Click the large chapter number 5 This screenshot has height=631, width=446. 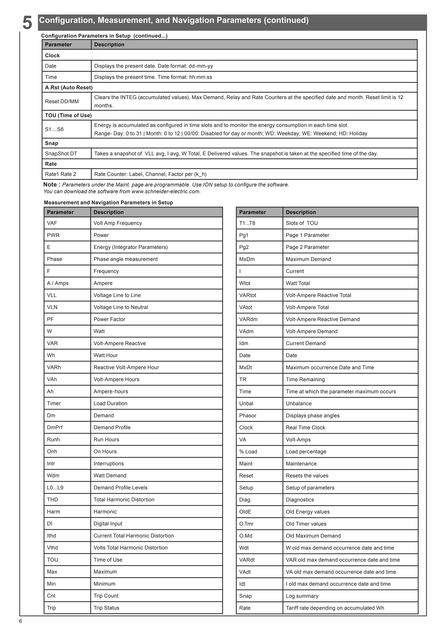tap(27, 23)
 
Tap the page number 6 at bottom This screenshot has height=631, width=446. tap(21, 621)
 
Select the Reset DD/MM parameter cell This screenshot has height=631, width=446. tap(62, 101)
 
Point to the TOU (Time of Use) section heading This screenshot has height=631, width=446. tap(68, 115)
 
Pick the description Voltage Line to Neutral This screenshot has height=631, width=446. tap(121, 307)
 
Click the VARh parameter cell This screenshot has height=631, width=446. tap(54, 367)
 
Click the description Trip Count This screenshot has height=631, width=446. tap(106, 596)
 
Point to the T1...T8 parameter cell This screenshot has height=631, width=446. tap(247, 223)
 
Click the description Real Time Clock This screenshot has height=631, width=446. tap(305, 428)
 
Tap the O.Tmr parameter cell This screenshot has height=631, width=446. tap(246, 524)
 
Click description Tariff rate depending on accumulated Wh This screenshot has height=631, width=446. tap(335, 608)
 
